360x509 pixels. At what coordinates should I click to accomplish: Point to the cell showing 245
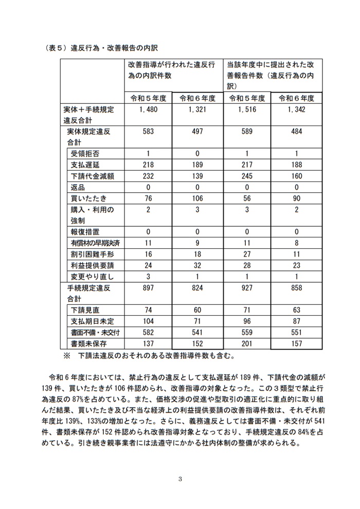click(248, 176)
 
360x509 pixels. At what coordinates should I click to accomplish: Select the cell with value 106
click(197, 198)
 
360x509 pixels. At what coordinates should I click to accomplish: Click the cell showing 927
click(248, 288)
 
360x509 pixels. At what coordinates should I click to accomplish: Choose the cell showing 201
click(248, 343)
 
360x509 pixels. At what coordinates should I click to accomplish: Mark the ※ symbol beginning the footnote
click(66, 355)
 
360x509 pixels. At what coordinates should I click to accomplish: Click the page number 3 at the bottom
click(180, 480)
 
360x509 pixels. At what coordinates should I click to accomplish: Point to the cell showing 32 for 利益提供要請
click(197, 266)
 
